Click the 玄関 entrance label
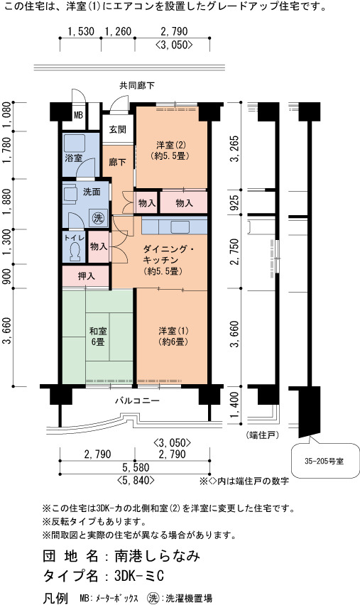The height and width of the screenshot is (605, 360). (x=117, y=129)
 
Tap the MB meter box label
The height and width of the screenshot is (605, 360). (x=78, y=115)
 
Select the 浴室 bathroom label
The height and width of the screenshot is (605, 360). (x=73, y=158)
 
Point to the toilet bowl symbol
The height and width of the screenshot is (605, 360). (x=76, y=252)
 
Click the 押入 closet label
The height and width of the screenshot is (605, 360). (x=87, y=276)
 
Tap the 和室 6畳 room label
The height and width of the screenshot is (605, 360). (x=98, y=337)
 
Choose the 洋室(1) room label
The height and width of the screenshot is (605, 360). (x=173, y=336)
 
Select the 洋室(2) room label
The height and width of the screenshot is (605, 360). (x=171, y=150)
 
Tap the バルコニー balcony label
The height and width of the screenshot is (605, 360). (x=137, y=401)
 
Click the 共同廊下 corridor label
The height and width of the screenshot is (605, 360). (x=137, y=85)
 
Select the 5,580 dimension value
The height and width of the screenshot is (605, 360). (x=136, y=468)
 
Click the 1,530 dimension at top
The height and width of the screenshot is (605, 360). (x=81, y=31)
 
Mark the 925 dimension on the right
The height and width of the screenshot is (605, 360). (x=234, y=202)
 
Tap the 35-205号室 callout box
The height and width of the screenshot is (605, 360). (x=325, y=461)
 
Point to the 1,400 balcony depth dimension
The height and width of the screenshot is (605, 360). (x=234, y=405)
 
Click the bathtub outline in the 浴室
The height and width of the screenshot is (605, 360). (x=75, y=143)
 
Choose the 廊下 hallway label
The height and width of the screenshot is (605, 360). (x=117, y=162)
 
